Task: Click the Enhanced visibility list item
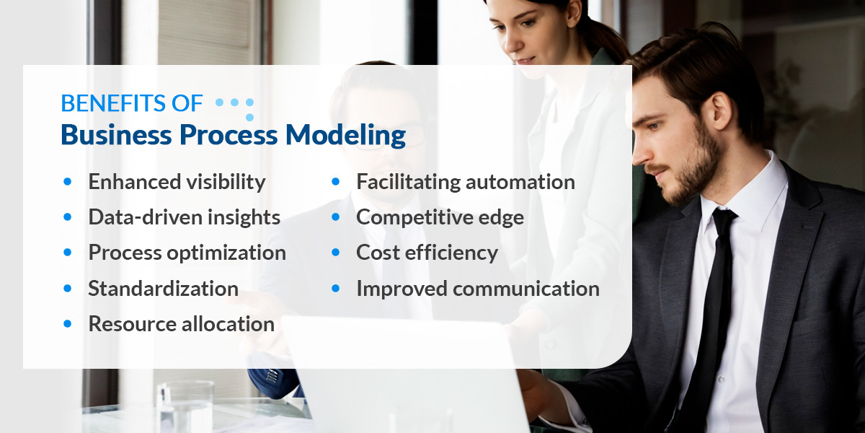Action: [x=177, y=182]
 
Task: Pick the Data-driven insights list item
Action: [x=184, y=217]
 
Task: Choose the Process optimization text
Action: [x=187, y=253]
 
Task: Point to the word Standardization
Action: [x=163, y=289]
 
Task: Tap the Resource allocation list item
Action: [x=181, y=324]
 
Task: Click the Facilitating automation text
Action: [x=465, y=182]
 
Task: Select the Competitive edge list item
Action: [x=440, y=217]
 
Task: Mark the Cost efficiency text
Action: [x=427, y=253]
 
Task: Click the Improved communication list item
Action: [x=477, y=289]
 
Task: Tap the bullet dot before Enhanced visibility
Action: [x=68, y=182]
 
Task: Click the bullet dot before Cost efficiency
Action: [x=336, y=253]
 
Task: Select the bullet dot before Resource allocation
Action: [x=68, y=324]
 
